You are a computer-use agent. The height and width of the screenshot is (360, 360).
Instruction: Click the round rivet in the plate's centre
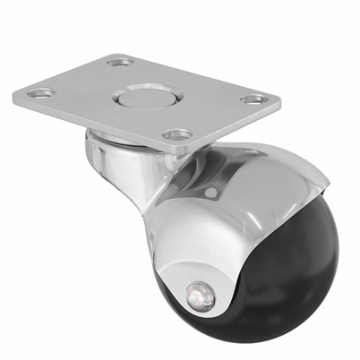click(x=134, y=100)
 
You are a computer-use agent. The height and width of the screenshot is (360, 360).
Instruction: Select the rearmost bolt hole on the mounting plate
click(x=119, y=60)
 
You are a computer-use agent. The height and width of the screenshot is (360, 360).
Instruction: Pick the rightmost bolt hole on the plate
click(x=253, y=100)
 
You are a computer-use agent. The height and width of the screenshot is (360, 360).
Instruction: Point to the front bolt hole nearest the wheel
click(x=178, y=134)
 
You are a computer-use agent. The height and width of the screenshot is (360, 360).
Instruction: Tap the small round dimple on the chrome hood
click(x=211, y=191)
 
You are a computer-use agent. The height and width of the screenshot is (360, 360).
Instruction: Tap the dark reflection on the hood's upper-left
click(x=185, y=181)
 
